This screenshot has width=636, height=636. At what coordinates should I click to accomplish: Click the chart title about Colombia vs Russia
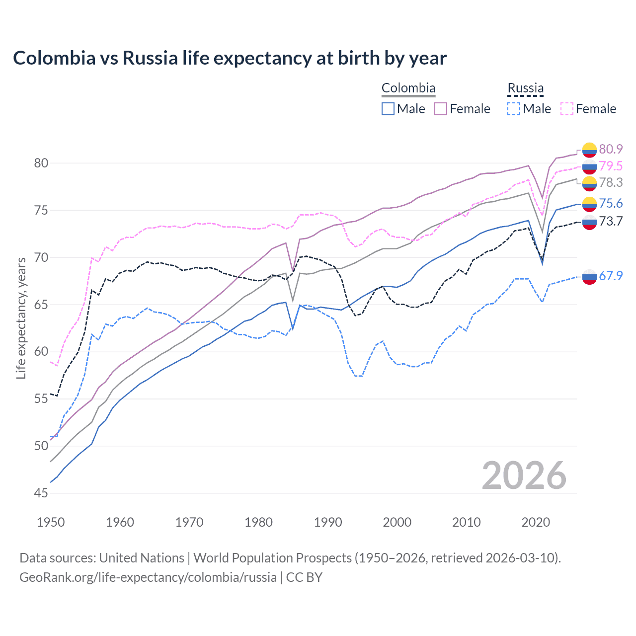pyautogui.click(x=230, y=58)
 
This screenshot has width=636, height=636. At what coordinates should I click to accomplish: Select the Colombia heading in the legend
pyautogui.click(x=408, y=88)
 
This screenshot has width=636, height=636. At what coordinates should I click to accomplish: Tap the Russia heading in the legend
pyautogui.click(x=525, y=88)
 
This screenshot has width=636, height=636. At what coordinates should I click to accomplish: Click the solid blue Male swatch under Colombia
pyautogui.click(x=388, y=109)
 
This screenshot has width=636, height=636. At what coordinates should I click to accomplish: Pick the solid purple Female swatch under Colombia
pyautogui.click(x=441, y=109)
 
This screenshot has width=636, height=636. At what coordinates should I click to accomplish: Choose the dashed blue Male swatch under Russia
pyautogui.click(x=514, y=109)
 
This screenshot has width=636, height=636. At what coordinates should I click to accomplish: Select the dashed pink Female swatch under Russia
pyautogui.click(x=567, y=109)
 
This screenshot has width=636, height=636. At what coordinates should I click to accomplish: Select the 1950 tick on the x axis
pyautogui.click(x=51, y=522)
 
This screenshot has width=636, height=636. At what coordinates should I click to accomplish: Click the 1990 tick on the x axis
pyautogui.click(x=328, y=522)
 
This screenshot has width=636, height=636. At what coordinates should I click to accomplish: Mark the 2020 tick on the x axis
pyautogui.click(x=536, y=522)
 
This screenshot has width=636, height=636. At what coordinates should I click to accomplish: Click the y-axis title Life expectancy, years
pyautogui.click(x=21, y=318)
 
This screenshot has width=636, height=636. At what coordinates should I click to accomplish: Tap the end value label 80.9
pyautogui.click(x=611, y=149)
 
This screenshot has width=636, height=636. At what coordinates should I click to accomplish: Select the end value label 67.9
pyautogui.click(x=611, y=276)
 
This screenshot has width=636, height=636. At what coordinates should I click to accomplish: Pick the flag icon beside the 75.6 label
pyautogui.click(x=589, y=204)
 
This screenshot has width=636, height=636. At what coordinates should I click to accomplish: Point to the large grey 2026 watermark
pyautogui.click(x=524, y=476)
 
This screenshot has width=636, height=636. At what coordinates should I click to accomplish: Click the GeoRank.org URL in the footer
pyautogui.click(x=148, y=577)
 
